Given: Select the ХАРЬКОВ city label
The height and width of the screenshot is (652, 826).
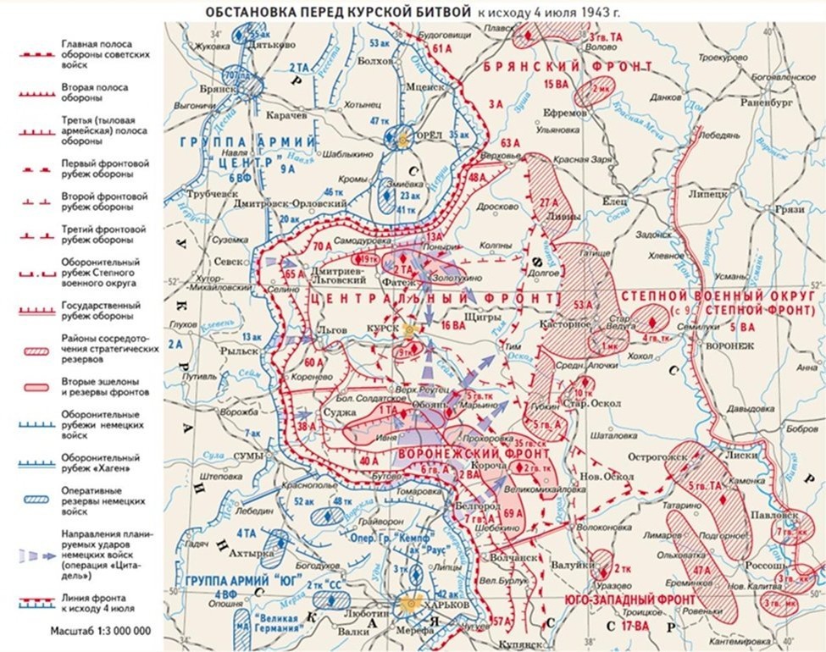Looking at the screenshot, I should (447, 602).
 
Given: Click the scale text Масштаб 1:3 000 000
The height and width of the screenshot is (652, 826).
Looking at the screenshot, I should (98, 631).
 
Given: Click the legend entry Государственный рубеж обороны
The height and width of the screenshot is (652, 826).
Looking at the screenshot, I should (98, 310).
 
